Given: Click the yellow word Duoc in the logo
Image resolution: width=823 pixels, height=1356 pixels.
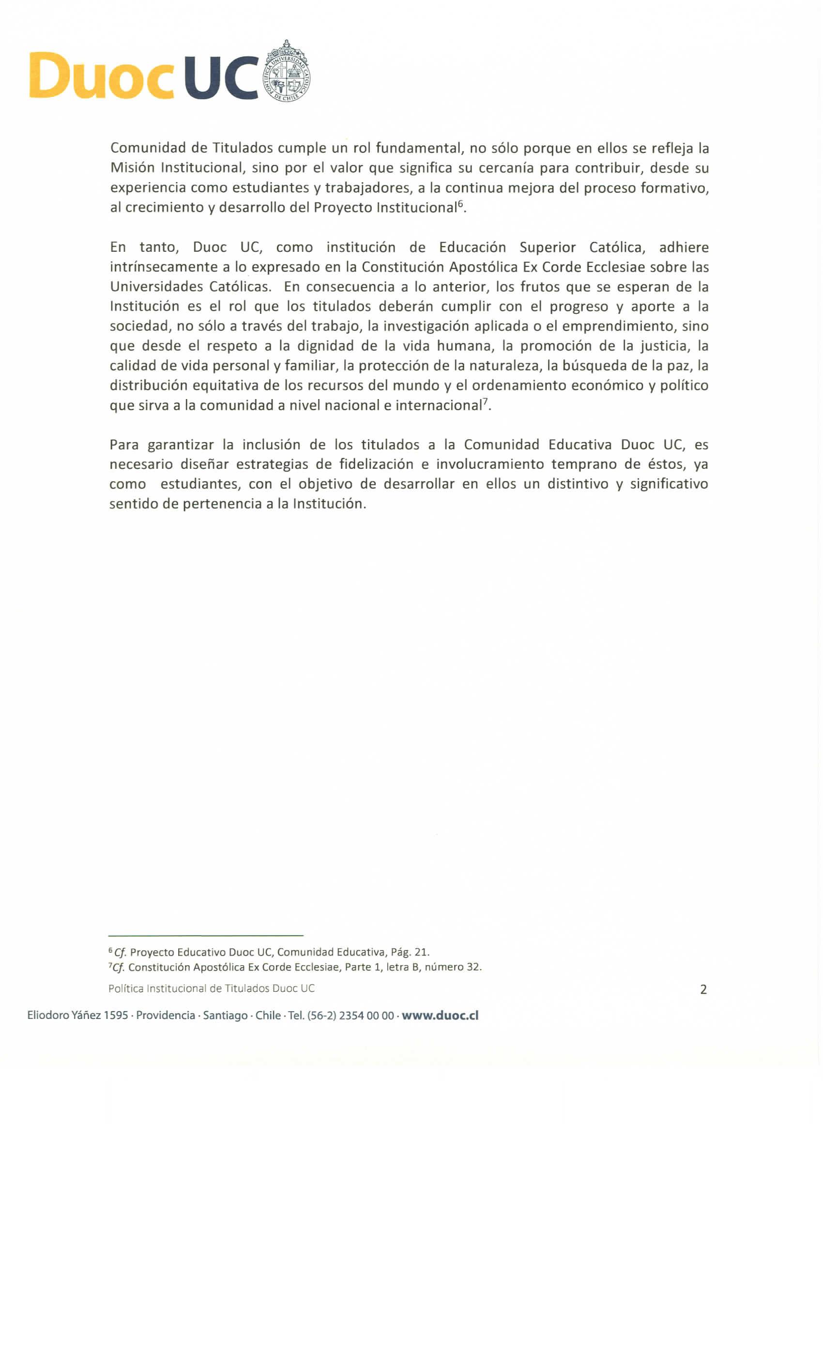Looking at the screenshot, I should coord(101,76).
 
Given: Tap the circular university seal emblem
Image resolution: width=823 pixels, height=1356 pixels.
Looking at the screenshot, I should coord(287,72).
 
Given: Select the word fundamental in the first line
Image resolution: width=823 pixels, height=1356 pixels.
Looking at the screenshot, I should coord(417,148).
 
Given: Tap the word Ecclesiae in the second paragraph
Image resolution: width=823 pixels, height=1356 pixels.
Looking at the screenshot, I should coord(617,267).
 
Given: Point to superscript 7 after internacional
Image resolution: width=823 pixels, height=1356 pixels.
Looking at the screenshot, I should coord(485,402).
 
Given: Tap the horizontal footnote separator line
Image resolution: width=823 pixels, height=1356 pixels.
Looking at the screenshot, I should coord(206,935).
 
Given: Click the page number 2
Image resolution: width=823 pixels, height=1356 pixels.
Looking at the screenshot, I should coord(703,989).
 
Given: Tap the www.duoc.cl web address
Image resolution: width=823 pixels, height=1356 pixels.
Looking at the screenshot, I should coord(440,1016).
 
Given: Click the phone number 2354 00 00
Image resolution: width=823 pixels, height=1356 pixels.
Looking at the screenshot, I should coord(366,1016).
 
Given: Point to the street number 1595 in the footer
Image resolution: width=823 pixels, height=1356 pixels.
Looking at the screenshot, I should coord(116,1016).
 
